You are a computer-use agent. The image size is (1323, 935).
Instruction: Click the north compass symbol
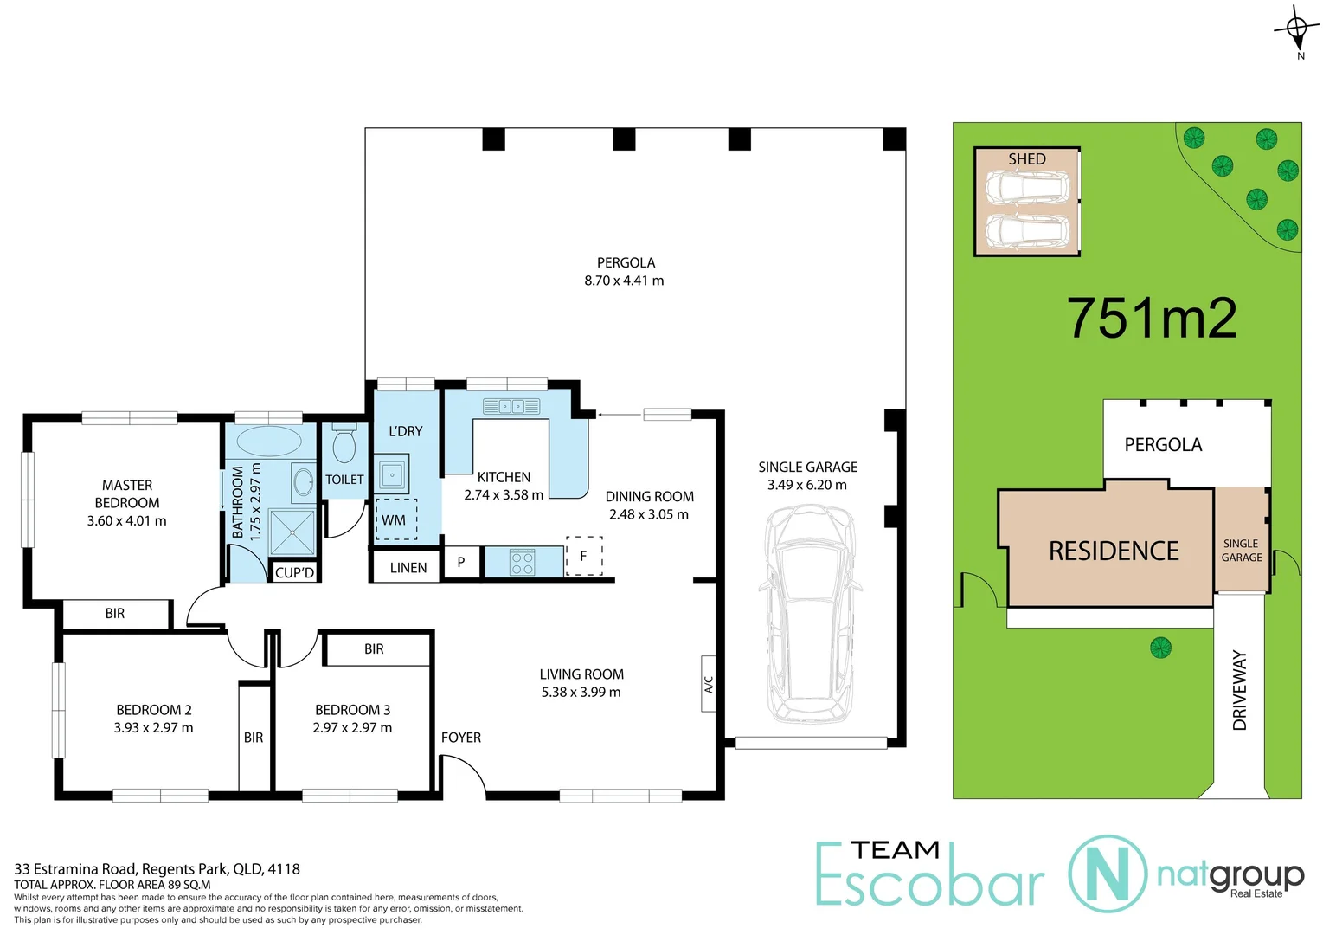[1296, 30]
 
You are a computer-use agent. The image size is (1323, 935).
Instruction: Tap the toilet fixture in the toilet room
[344, 443]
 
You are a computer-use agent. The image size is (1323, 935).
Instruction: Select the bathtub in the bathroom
[268, 441]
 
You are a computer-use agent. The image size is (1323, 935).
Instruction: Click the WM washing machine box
[395, 519]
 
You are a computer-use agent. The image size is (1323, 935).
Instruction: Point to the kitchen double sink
[511, 406]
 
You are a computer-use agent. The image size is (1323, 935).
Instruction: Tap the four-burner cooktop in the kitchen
[523, 563]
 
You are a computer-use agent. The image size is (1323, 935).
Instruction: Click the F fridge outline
[584, 556]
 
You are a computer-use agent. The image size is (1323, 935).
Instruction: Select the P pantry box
[461, 563]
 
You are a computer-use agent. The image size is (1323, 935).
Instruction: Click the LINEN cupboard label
[408, 568]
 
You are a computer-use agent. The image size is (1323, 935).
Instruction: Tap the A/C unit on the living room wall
[708, 684]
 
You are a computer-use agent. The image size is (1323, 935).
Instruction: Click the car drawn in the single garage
[809, 615]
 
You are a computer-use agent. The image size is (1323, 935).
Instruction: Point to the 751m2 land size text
[1151, 318]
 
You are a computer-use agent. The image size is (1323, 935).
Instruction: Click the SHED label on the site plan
[1027, 159]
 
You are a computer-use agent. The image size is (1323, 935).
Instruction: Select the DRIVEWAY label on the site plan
[1240, 691]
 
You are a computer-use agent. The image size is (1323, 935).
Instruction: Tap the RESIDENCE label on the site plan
[1114, 551]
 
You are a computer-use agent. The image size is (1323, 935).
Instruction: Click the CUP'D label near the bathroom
[294, 573]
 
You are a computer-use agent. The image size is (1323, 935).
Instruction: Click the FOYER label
[460, 738]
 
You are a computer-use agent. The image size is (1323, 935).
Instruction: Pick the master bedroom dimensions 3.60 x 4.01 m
[126, 521]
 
